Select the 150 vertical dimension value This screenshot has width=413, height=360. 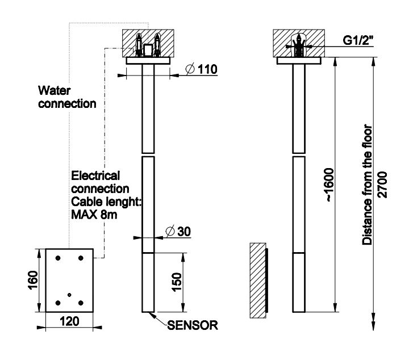point(176,282)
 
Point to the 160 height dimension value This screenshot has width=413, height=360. point(32,280)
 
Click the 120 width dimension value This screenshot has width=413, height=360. point(69,321)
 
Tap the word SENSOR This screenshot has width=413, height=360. point(193,326)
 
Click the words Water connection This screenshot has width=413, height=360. point(67,97)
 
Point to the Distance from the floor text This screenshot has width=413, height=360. point(368,185)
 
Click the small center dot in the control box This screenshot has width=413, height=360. point(69,294)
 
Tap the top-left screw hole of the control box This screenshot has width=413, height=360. point(58,258)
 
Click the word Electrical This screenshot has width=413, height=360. point(95,176)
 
